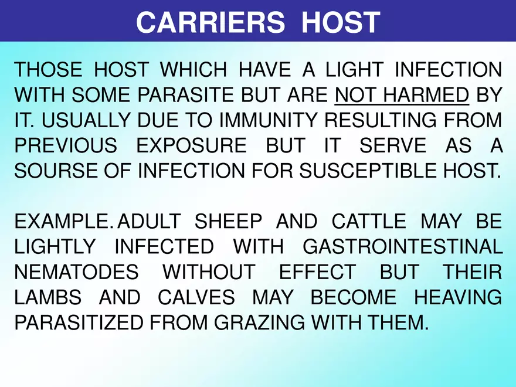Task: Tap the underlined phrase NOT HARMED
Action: pos(402,94)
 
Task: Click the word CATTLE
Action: pos(368,222)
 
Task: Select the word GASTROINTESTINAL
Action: pos(402,247)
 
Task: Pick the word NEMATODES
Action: pos(76,272)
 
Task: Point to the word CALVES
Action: pos(196,297)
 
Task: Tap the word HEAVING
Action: pos(458,297)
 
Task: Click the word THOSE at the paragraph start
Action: pos(48,69)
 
